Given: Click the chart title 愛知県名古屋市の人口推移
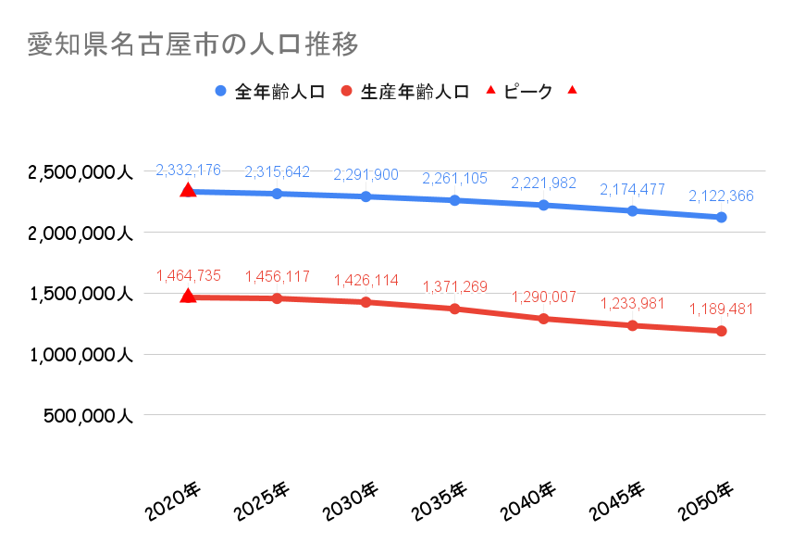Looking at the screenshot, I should tap(192, 44).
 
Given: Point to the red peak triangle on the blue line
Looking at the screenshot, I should tap(188, 190).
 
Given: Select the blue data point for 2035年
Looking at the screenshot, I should tap(454, 200).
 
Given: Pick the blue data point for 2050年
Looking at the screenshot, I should tap(721, 217).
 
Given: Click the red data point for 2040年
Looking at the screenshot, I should tap(543, 319).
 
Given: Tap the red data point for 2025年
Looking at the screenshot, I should tap(277, 298).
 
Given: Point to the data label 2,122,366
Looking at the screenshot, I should tap(721, 196).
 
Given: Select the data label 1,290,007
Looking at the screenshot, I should tap(543, 297).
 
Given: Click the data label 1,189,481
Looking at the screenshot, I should tap(721, 309).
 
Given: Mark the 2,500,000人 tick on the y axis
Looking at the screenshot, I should tap(81, 172).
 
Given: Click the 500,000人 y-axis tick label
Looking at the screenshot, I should tap(89, 416).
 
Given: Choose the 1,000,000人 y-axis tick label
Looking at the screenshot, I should tap(81, 355).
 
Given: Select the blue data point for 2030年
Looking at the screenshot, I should tap(366, 196).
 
